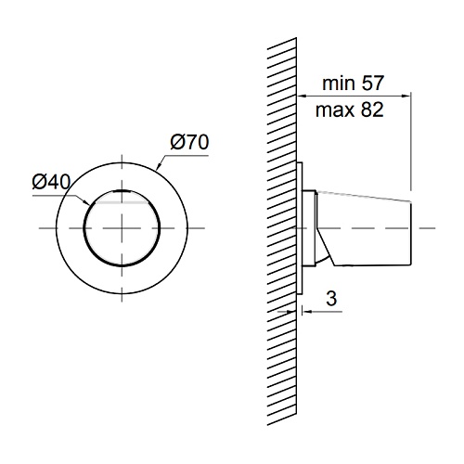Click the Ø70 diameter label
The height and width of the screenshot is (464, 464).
click(189, 142)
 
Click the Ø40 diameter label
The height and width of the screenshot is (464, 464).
click(51, 182)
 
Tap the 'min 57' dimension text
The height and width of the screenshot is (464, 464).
click(353, 83)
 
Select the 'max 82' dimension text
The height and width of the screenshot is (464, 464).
click(350, 110)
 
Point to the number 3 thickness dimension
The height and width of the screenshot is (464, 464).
click(331, 299)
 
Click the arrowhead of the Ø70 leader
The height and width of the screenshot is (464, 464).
click(158, 167)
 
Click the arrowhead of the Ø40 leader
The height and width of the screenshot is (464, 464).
click(86, 202)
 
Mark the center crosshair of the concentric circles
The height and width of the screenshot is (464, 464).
click(122, 228)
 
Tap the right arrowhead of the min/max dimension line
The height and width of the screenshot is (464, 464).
click(406, 97)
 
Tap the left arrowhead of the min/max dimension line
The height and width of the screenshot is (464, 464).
click(302, 97)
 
